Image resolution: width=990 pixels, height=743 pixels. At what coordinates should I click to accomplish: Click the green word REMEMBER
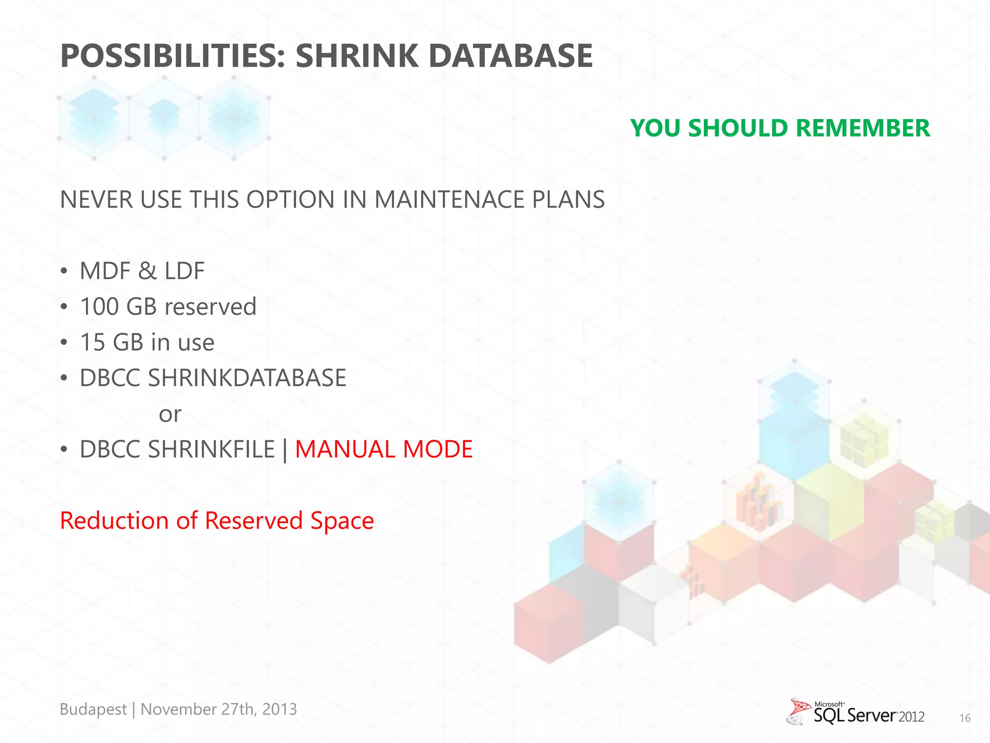(x=862, y=128)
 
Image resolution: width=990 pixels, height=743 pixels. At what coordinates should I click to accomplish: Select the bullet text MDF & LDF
(x=142, y=271)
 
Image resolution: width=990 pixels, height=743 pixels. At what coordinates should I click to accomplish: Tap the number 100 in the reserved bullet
(x=100, y=307)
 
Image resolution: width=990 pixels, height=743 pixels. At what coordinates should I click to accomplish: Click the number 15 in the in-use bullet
(x=92, y=342)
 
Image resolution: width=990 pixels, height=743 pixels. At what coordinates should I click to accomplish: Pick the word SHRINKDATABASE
(x=247, y=378)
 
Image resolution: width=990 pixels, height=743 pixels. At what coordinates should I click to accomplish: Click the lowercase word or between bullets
(x=170, y=414)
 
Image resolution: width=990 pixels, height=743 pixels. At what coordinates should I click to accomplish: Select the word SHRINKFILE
(x=211, y=449)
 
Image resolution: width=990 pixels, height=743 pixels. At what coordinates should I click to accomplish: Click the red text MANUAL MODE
(x=383, y=449)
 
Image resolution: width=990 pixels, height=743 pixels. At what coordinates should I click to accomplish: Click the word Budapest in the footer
(x=93, y=709)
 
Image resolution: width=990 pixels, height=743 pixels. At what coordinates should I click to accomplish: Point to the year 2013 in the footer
(x=279, y=709)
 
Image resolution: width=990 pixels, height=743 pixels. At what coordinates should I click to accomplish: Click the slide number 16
(x=964, y=718)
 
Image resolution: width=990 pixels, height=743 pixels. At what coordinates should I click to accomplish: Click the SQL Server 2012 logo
(x=856, y=712)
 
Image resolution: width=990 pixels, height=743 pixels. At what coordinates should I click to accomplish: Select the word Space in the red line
(x=342, y=520)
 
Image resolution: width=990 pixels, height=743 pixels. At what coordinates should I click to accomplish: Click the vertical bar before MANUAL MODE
(x=285, y=450)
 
